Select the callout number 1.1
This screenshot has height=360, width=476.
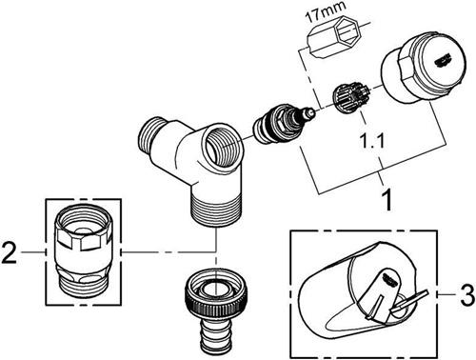coord(372,140)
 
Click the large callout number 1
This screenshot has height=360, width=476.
coord(387,200)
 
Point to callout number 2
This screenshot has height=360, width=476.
coord(9,252)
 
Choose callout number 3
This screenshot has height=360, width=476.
coord(466,295)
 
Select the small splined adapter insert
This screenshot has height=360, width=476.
coord(350,97)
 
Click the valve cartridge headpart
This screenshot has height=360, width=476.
coord(283,124)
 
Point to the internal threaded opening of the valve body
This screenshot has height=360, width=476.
coord(223,145)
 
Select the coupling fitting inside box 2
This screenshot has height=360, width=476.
coord(83,252)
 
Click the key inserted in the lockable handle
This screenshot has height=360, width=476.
coord(410,300)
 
